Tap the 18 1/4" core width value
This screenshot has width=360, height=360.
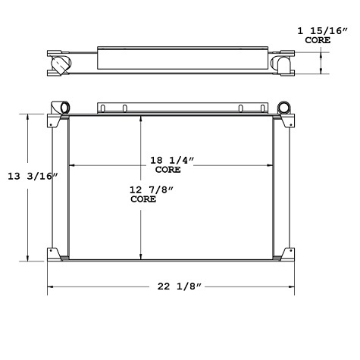[x=172, y=160]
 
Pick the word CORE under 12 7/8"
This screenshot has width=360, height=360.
[x=143, y=199]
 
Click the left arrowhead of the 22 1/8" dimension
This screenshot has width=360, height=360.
[x=51, y=286]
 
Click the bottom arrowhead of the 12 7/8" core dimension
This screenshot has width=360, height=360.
[x=140, y=256]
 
